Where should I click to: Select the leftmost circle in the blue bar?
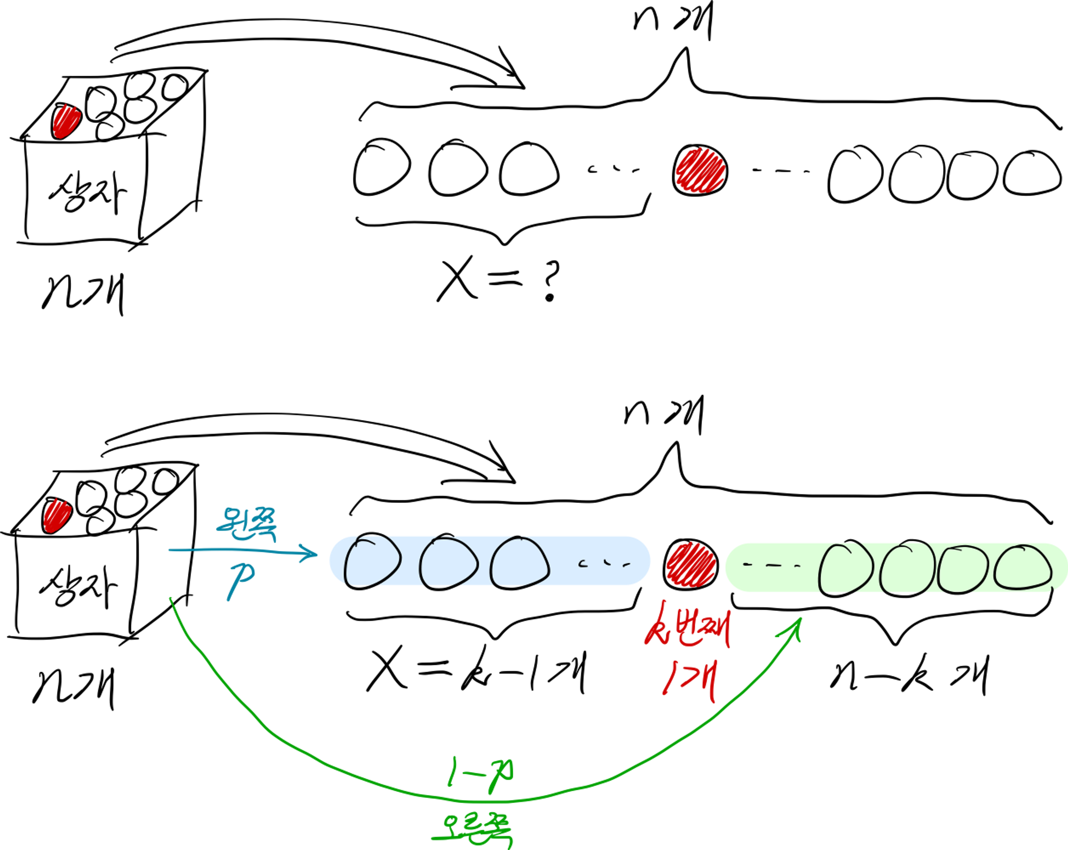point(372,561)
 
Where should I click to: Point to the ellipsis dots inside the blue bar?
point(604,563)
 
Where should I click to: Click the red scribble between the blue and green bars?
point(690,565)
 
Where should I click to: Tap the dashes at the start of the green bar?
point(772,565)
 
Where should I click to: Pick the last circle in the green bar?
point(1022,567)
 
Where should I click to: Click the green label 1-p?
point(480,773)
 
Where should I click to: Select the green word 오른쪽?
point(472,829)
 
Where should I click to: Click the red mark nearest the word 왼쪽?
point(57,516)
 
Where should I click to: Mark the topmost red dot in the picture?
point(66,121)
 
